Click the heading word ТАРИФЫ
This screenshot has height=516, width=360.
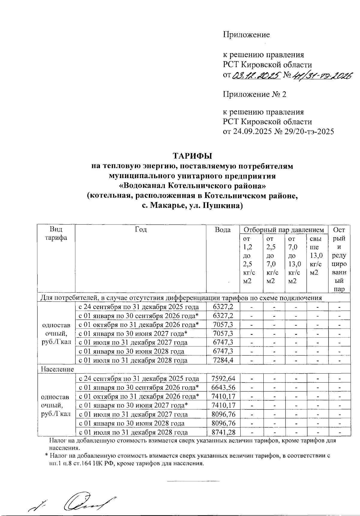pyautogui.click(x=192, y=156)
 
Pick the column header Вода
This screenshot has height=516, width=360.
pyautogui.click(x=223, y=230)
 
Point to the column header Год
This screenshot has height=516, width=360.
pyautogui.click(x=141, y=230)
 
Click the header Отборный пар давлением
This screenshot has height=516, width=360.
pyautogui.click(x=284, y=230)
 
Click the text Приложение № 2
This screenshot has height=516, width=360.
pyautogui.click(x=254, y=94)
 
